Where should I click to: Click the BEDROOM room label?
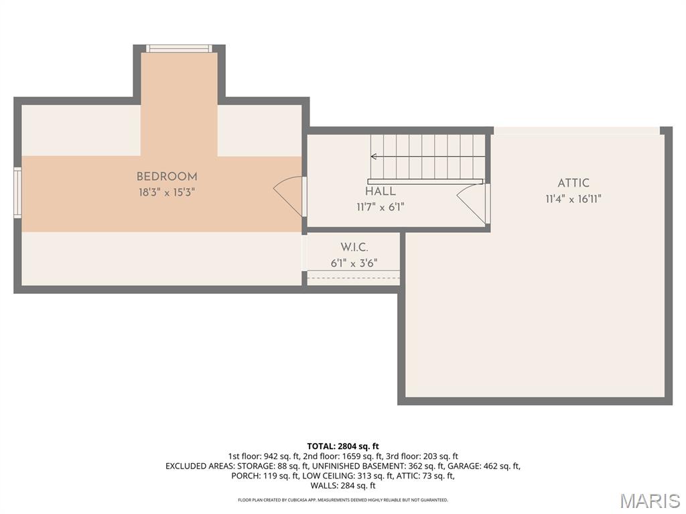[167, 177]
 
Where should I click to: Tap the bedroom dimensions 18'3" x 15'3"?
[167, 192]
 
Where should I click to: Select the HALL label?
[380, 192]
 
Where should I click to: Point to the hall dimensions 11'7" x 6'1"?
[380, 207]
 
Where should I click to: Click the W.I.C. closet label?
[354, 248]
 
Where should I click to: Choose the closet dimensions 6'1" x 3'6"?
[354, 264]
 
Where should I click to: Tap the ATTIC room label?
[573, 183]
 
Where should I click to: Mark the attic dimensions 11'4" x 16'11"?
[573, 199]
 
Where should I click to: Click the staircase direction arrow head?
[373, 157]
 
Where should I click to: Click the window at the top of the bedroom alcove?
[179, 48]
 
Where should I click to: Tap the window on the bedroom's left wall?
[18, 193]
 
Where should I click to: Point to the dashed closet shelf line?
[353, 278]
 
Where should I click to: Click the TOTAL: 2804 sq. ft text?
[343, 446]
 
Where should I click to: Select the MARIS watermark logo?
[650, 501]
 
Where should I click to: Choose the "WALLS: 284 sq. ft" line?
[343, 486]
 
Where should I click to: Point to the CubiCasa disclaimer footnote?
[343, 500]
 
